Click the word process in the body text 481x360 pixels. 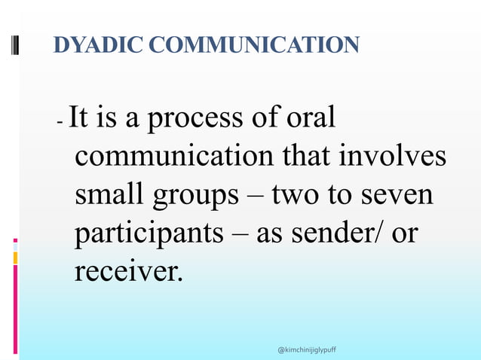pyautogui.click(x=202, y=119)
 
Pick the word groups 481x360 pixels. pyautogui.click(x=195, y=197)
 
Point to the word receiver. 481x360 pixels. pyautogui.click(x=128, y=270)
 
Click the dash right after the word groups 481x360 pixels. pyautogui.click(x=255, y=197)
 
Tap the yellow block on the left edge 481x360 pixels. pyautogui.click(x=15, y=258)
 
